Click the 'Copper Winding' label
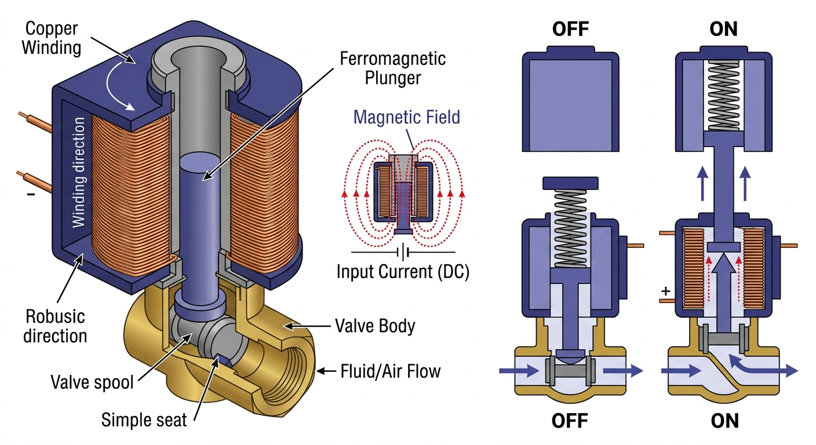coord(52,37)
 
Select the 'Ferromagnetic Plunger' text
coord(392,68)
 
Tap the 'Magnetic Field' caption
coord(406,117)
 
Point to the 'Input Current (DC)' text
coord(403,271)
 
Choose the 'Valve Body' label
coord(375,326)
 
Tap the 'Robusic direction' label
coord(56,326)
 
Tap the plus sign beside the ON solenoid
coord(665,291)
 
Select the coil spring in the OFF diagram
coord(570,228)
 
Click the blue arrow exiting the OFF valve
coord(622,371)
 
